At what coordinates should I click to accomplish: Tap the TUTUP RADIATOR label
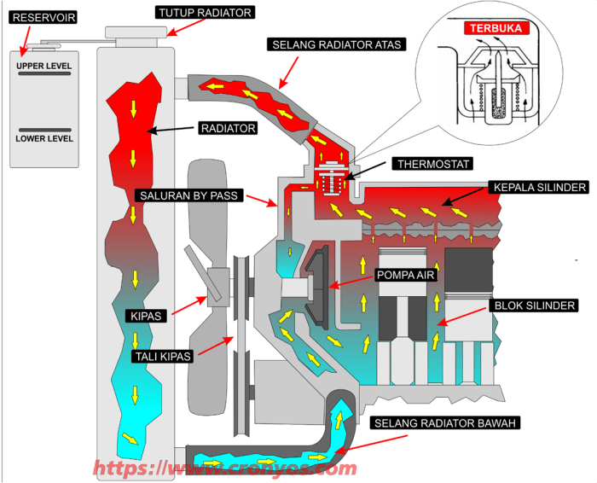pyautogui.click(x=205, y=12)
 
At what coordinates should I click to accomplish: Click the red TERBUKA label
pyautogui.click(x=497, y=28)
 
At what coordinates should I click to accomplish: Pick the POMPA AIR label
pyautogui.click(x=406, y=276)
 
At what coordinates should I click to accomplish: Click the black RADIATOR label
pyautogui.click(x=228, y=128)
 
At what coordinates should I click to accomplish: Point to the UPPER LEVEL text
pyautogui.click(x=44, y=66)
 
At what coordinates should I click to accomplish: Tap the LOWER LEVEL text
pyautogui.click(x=44, y=138)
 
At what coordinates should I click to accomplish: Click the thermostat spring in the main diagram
pyautogui.click(x=328, y=183)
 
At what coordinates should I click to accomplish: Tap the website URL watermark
pyautogui.click(x=224, y=468)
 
